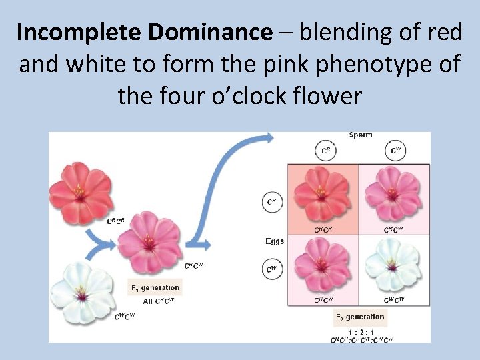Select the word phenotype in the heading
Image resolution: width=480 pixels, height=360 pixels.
(x=393, y=64)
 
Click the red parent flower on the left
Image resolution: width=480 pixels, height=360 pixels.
(x=79, y=191)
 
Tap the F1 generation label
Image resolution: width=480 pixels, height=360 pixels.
(x=155, y=288)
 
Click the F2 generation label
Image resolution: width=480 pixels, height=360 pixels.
(x=360, y=317)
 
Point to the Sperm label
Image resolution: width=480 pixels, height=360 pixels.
(x=361, y=135)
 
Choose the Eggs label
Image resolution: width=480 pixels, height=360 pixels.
(x=275, y=241)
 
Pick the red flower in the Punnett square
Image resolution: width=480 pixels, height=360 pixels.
(x=323, y=194)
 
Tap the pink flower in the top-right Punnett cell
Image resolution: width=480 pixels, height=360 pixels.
(x=393, y=194)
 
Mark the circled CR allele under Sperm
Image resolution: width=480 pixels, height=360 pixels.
(x=325, y=151)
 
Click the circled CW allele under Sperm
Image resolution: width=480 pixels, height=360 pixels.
(x=395, y=151)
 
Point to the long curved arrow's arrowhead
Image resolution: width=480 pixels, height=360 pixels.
(x=269, y=138)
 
